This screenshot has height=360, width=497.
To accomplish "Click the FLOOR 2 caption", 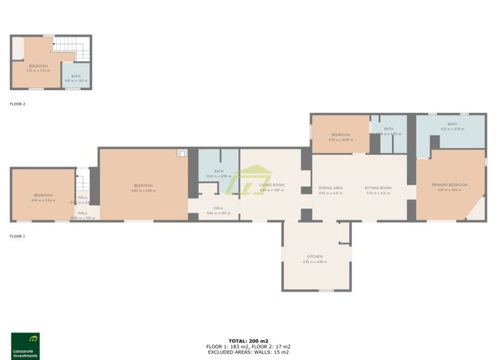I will point(18,104).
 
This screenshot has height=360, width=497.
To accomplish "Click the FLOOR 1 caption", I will point(18,237).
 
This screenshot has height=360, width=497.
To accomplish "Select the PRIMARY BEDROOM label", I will point(449,185).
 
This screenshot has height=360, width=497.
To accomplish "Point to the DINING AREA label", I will point(330,188).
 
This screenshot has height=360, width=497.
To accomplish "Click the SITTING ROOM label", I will point(378,188).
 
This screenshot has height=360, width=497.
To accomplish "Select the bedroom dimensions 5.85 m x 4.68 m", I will point(144,190).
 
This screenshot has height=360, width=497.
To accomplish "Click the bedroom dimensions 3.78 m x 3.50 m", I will point(340,139).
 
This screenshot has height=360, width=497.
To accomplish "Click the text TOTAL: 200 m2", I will point(248,341).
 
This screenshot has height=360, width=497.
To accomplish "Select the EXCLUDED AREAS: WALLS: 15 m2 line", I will point(248,352).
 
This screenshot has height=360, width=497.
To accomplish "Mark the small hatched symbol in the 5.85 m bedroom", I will point(182,153).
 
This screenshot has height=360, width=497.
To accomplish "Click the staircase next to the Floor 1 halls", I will point(82,184).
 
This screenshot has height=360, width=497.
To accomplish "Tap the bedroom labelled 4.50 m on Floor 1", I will point(43,197).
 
